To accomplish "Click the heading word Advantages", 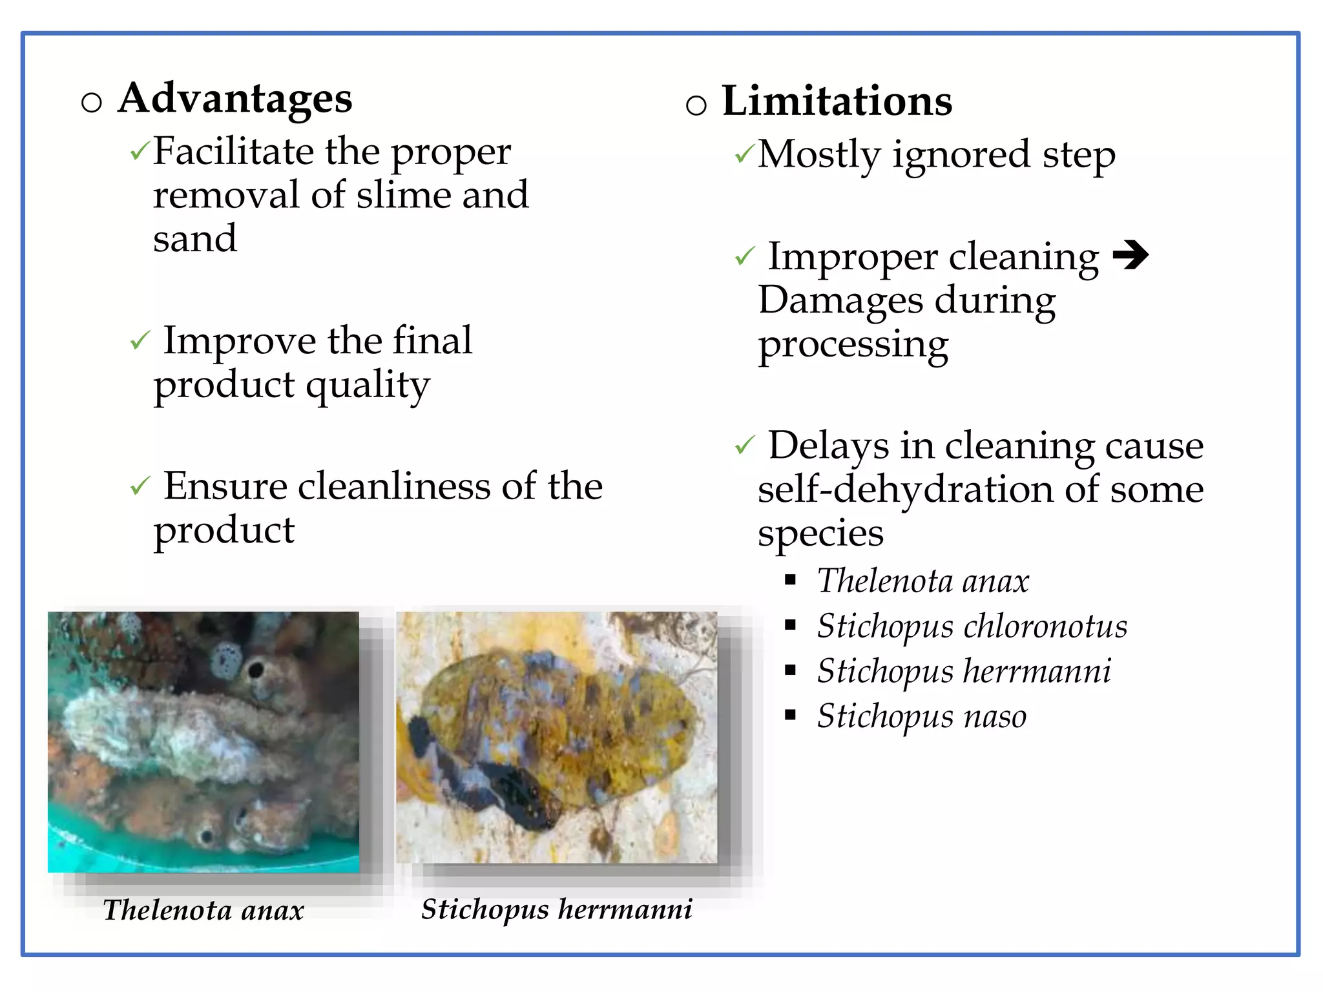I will pyautogui.click(x=235, y=99).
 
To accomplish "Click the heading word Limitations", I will pyautogui.click(x=837, y=102).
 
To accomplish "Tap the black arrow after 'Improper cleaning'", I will pyautogui.click(x=1130, y=255).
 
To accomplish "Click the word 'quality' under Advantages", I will pyautogui.click(x=368, y=386).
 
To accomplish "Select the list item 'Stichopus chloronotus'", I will pyautogui.click(x=972, y=626).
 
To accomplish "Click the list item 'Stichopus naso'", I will pyautogui.click(x=921, y=716).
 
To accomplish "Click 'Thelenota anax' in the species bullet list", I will pyautogui.click(x=922, y=581).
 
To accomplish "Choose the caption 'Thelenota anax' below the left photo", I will pyautogui.click(x=203, y=910).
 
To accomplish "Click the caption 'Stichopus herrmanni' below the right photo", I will pyautogui.click(x=556, y=909).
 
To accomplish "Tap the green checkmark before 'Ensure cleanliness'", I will pyautogui.click(x=140, y=486).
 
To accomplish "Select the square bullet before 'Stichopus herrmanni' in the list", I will pyautogui.click(x=790, y=670).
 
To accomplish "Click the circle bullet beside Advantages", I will pyautogui.click(x=92, y=102).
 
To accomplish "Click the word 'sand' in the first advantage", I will pyautogui.click(x=195, y=239).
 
